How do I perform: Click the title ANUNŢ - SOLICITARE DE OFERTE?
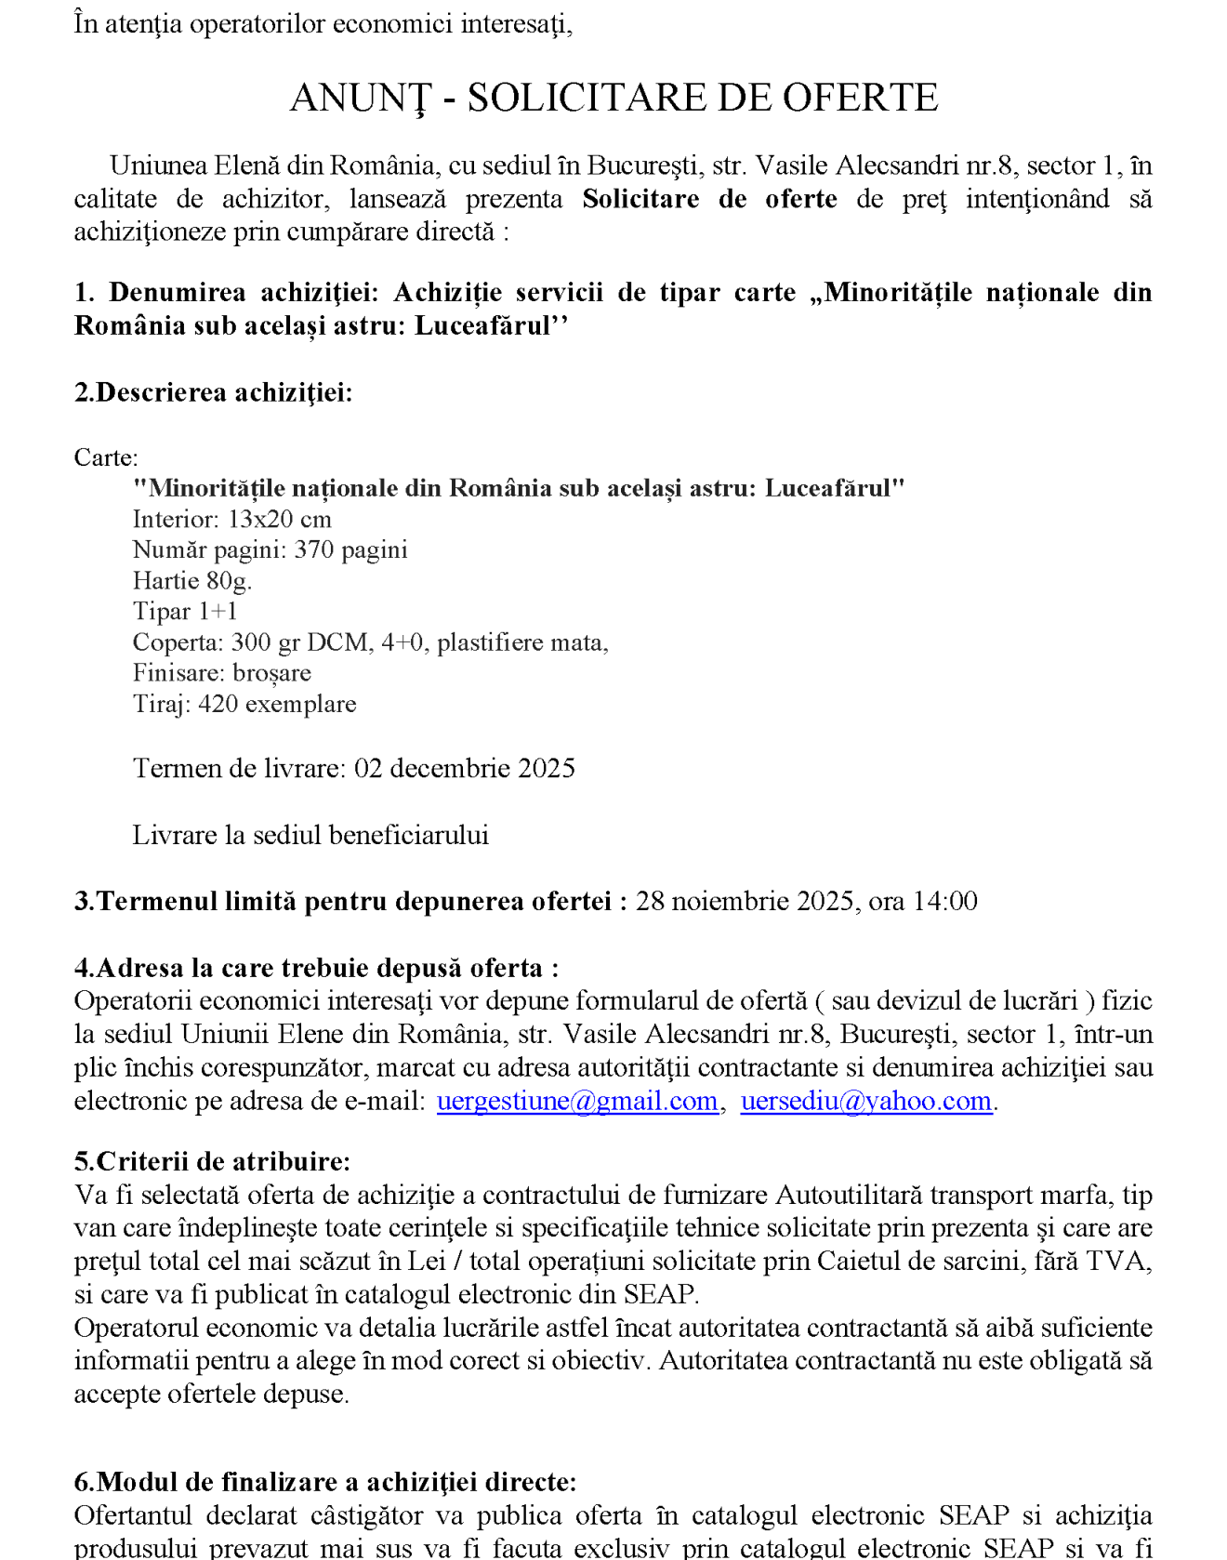[x=613, y=98]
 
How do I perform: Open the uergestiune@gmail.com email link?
[x=576, y=1101]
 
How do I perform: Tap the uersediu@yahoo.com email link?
[x=865, y=1101]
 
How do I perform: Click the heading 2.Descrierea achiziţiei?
[x=213, y=392]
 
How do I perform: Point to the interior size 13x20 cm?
[x=280, y=519]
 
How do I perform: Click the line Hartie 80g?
[x=192, y=581]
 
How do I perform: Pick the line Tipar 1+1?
[x=185, y=612]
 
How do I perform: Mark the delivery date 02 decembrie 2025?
[x=465, y=768]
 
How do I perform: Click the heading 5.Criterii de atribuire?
[x=212, y=1161]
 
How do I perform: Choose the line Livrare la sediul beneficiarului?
[x=310, y=835]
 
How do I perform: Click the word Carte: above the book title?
[x=106, y=457]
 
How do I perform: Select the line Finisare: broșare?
[x=222, y=673]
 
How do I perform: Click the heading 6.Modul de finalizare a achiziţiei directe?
[x=324, y=1482]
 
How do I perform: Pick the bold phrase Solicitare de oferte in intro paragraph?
[x=709, y=199]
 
